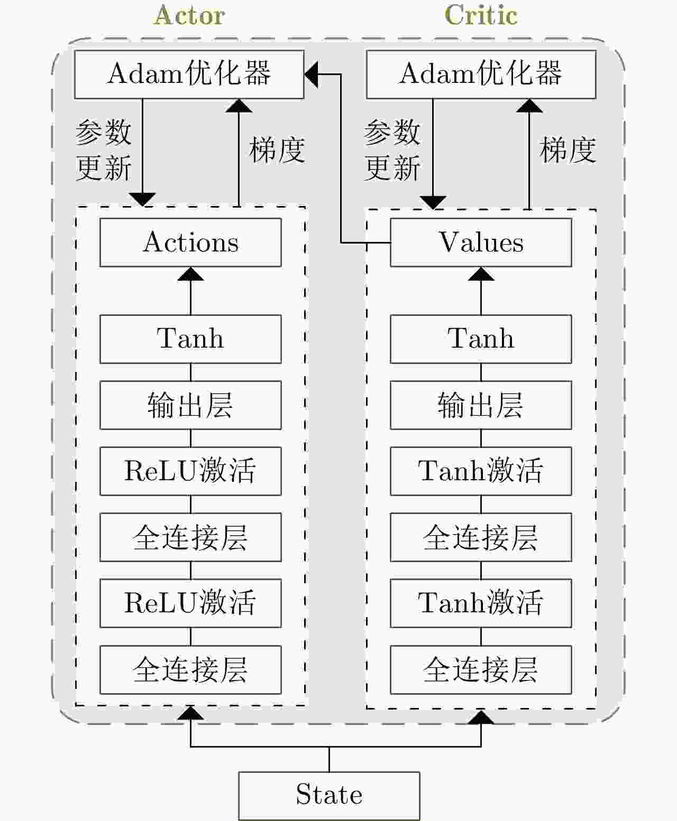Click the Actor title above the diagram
(x=190, y=16)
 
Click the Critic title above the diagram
(x=481, y=16)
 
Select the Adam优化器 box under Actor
(x=189, y=74)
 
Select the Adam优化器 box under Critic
(x=481, y=74)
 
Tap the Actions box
(x=190, y=242)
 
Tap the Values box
(x=481, y=242)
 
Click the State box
(x=329, y=796)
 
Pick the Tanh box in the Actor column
(x=190, y=339)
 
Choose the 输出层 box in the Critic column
(x=481, y=405)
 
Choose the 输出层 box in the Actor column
(x=190, y=405)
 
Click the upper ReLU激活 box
(x=190, y=471)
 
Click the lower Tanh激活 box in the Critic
(x=481, y=603)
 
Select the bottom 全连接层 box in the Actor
(x=190, y=669)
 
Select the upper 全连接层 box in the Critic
(x=481, y=537)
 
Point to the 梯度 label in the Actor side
(x=277, y=150)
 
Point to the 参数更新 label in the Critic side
(x=392, y=150)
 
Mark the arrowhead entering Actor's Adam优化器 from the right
(x=312, y=74)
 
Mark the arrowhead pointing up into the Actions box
(x=190, y=274)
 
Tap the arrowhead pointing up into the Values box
(x=481, y=274)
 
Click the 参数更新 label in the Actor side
(x=104, y=150)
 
